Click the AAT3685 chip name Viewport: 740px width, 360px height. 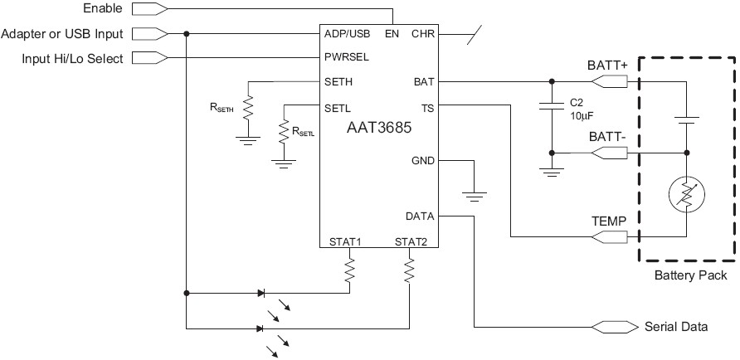379,129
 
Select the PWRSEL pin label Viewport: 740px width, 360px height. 347,57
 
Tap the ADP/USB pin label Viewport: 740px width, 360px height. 347,35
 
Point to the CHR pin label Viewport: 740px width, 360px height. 423,35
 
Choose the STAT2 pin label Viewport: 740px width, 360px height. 411,241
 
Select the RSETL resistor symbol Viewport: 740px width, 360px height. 284,130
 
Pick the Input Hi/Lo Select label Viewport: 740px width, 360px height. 62,57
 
